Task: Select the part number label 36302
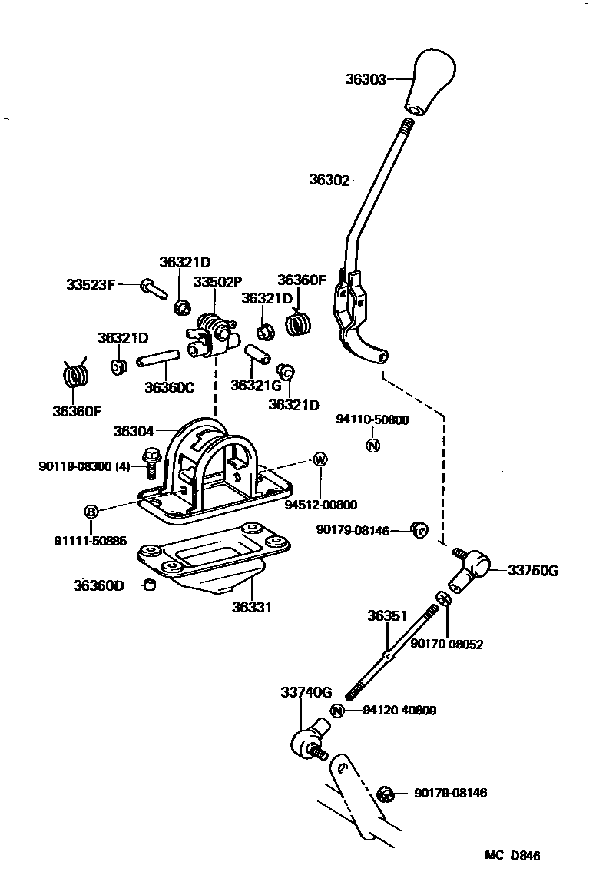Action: pyautogui.click(x=329, y=181)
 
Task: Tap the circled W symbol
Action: pyautogui.click(x=320, y=459)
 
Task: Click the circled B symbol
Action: pyautogui.click(x=91, y=512)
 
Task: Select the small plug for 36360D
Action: pyautogui.click(x=151, y=587)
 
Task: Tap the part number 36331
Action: pyautogui.click(x=252, y=607)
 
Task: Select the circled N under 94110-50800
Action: pyautogui.click(x=372, y=445)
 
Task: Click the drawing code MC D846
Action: pyautogui.click(x=512, y=855)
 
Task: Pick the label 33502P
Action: pyautogui.click(x=217, y=282)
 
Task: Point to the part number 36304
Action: pyautogui.click(x=134, y=432)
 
